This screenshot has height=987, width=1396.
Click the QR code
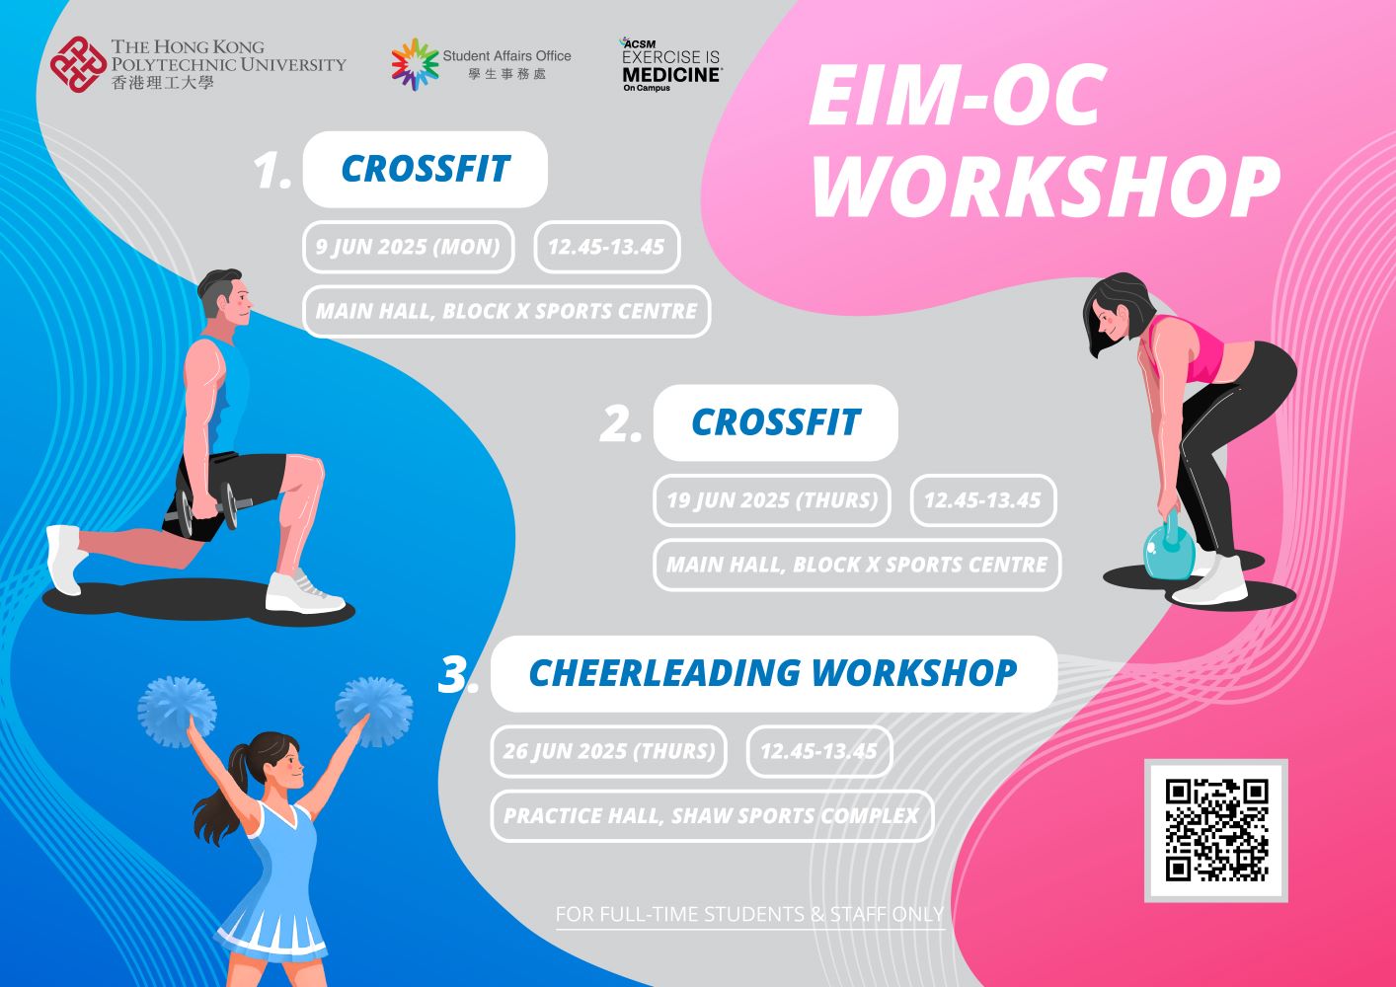1215,830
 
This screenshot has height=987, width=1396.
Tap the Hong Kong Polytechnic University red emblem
77,65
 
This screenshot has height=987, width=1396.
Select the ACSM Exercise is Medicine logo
670,65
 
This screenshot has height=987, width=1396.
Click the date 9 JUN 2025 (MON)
408,247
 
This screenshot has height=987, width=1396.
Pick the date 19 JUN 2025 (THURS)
771,500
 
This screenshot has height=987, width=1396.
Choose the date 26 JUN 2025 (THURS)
608,751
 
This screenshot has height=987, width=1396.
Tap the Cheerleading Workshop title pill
773,673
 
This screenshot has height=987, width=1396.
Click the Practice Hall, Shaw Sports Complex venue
711,816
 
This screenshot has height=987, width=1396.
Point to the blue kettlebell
1169,549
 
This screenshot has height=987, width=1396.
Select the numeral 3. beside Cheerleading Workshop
458,675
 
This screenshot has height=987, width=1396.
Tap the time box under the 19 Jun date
982,500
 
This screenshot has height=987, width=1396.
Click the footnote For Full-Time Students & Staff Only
748,915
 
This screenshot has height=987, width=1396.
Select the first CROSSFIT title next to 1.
425,169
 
